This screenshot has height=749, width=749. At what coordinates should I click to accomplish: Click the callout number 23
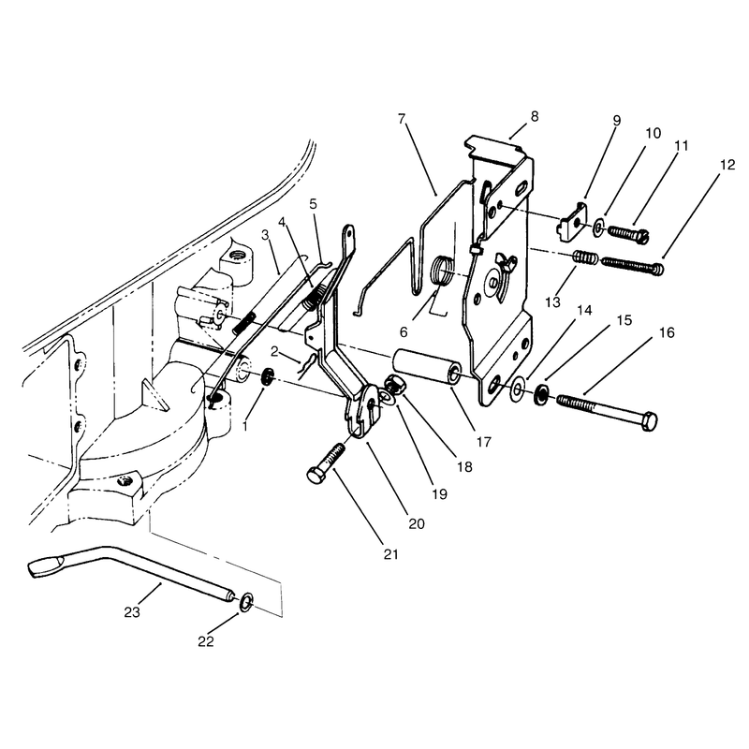pyautogui.click(x=132, y=612)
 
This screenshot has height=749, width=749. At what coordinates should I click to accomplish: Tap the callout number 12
pyautogui.click(x=727, y=165)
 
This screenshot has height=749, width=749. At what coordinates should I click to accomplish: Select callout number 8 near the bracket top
pyautogui.click(x=535, y=116)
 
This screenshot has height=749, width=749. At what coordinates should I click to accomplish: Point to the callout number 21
pyautogui.click(x=390, y=554)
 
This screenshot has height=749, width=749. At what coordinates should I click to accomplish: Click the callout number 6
pyautogui.click(x=404, y=332)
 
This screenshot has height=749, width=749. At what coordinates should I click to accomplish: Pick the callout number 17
pyautogui.click(x=483, y=442)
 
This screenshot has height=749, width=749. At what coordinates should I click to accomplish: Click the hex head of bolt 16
pyautogui.click(x=649, y=421)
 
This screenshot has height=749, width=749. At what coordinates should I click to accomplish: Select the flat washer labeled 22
pyautogui.click(x=246, y=603)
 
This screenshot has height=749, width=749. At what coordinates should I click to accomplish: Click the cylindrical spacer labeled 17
pyautogui.click(x=428, y=373)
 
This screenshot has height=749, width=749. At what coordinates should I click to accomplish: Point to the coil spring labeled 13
pyautogui.click(x=584, y=258)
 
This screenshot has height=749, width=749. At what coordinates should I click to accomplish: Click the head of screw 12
pyautogui.click(x=658, y=269)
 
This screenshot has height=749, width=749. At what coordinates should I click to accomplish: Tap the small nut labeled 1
pyautogui.click(x=268, y=376)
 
